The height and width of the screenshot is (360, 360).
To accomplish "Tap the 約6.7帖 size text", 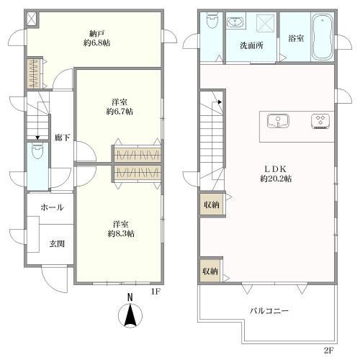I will tap(120, 112).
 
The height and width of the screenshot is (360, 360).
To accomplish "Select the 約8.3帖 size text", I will tap(120, 233).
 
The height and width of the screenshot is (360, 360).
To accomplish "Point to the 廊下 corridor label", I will tap(62, 137).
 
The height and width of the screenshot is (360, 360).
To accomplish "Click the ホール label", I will tap(52, 207).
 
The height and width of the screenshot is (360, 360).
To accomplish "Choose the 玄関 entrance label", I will tap(58, 243).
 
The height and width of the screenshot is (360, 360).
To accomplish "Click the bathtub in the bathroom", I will tap(321, 36).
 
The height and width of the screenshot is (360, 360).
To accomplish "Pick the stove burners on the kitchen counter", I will tap(318, 120).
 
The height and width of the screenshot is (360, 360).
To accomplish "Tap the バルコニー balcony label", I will tap(269, 311).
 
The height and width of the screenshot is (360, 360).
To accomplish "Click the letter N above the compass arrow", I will tap(130, 297).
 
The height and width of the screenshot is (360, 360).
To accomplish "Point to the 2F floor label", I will tap(328, 350).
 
